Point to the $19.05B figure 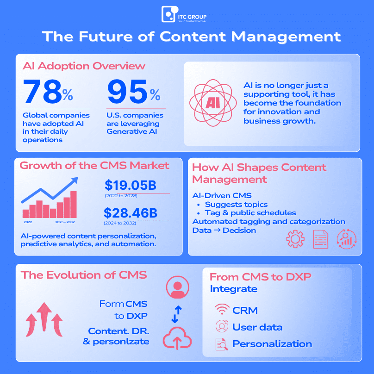[x=130, y=186]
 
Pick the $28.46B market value [x=130, y=213]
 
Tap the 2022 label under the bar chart [x=28, y=223]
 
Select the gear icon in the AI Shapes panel [x=295, y=239]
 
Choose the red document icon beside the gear [x=320, y=239]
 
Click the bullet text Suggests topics [x=236, y=204]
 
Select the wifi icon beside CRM [x=222, y=310]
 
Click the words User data [x=257, y=327]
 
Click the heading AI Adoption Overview [x=84, y=66]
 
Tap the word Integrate [x=233, y=289]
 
